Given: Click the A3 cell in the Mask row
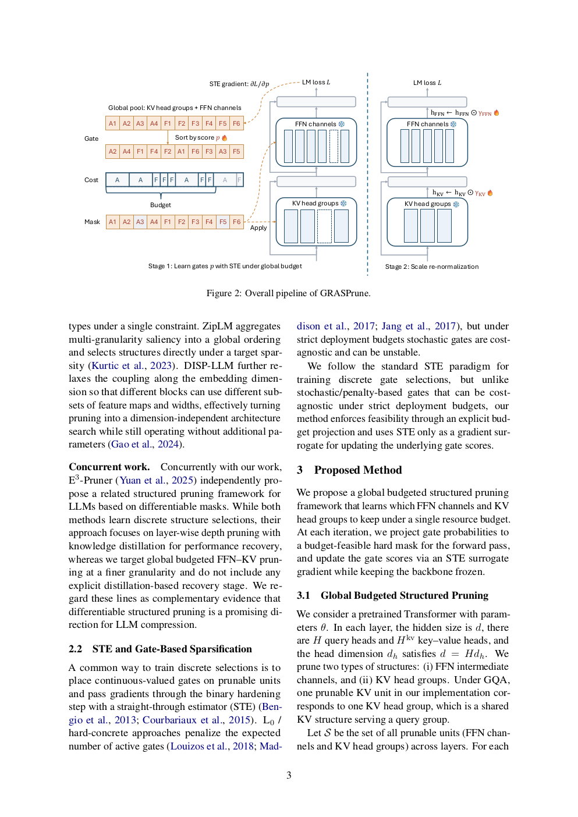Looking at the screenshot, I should tap(140, 222).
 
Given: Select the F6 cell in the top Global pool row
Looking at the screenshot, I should tap(236, 123).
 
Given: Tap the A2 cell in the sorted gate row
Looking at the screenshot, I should tap(113, 151).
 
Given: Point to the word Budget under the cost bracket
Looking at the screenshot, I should tap(161, 205).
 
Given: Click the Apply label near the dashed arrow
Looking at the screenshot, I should tap(258, 228).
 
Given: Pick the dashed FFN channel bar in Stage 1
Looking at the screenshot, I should tap(334, 146).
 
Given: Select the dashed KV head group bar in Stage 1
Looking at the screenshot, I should tap(324, 226).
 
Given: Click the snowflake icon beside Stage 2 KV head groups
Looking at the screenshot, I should tap(456, 204).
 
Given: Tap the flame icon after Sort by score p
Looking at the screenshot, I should tap(225, 138).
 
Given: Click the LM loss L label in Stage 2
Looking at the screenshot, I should tap(427, 83).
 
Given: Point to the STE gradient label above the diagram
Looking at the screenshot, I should tap(239, 84).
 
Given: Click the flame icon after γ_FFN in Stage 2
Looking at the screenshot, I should tap(497, 113).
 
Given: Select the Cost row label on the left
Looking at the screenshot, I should tap(91, 180).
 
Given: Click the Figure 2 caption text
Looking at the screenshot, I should tap(288, 293).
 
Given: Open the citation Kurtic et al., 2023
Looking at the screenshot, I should tap(132, 365).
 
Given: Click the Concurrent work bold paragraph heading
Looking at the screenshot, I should tap(109, 467).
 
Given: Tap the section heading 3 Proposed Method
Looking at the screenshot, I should tap(349, 470).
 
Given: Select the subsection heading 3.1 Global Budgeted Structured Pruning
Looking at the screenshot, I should tap(393, 595).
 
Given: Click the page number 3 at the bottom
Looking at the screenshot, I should tap(289, 775).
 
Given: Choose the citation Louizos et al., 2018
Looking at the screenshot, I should tap(212, 746).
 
